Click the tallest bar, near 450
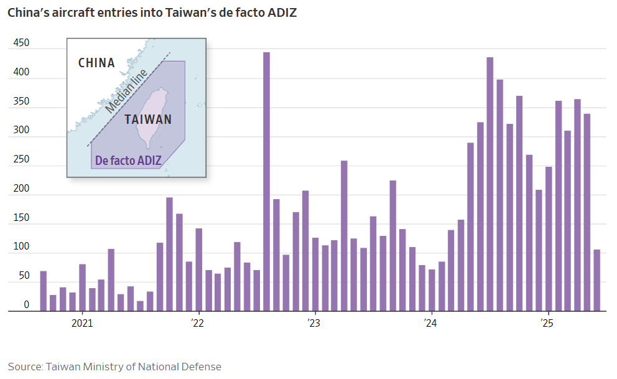(266, 181)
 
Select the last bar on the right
(596, 280)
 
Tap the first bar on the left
(44, 291)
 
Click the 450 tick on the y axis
(21, 43)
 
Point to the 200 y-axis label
(21, 189)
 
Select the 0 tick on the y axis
(26, 305)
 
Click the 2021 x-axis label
(82, 323)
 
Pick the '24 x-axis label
(430, 323)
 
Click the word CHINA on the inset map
(96, 63)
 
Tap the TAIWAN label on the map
(148, 119)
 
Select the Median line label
(126, 91)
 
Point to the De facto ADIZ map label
(128, 161)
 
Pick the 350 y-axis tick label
(21, 101)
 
